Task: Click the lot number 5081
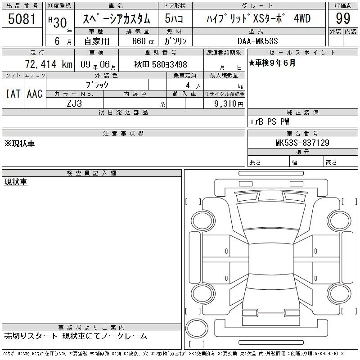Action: coord(22,19)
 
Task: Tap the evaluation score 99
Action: coord(343,18)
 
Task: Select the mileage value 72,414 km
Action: coord(49,64)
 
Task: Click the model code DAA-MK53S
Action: coord(257,41)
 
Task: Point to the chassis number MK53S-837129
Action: coord(302,143)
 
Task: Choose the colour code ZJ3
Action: coord(74,103)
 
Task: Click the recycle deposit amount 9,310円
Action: coord(229,104)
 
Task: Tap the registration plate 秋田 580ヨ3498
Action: coord(161,64)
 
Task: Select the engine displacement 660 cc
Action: coord(143,41)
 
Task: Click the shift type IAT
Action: coord(13,94)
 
